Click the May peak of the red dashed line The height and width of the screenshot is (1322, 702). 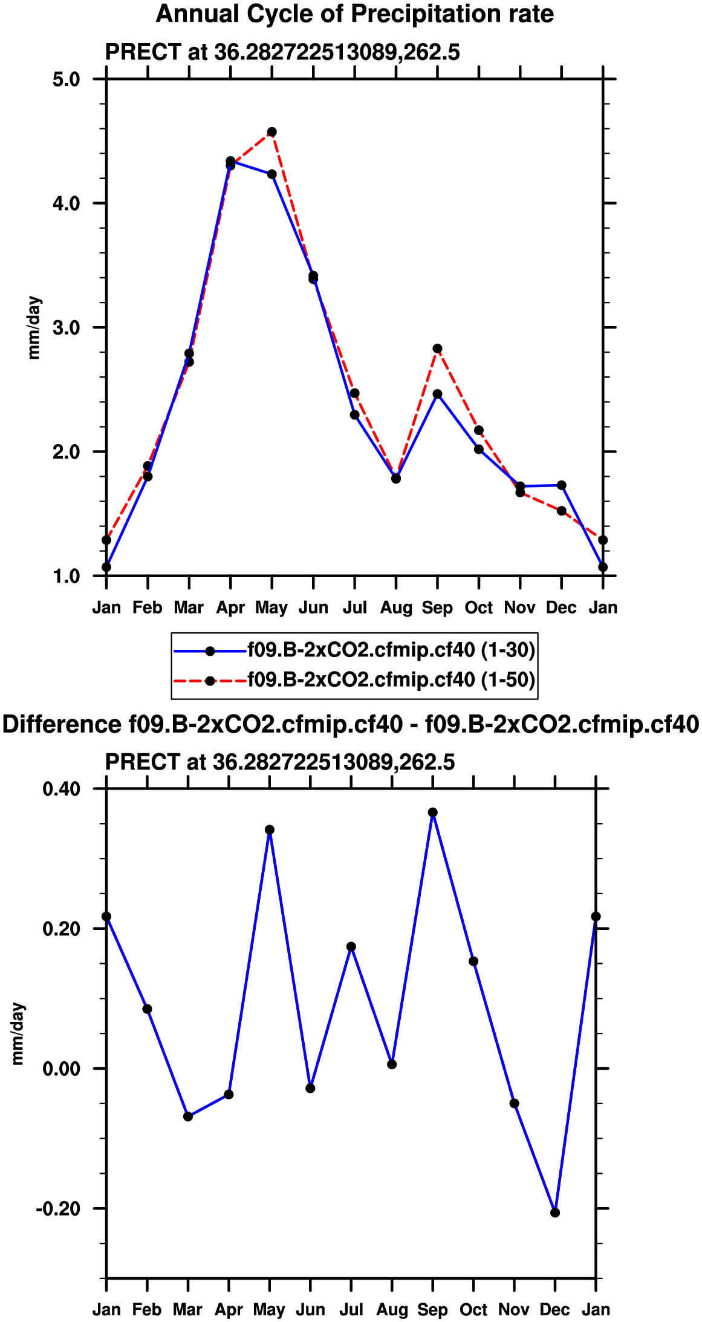tap(272, 132)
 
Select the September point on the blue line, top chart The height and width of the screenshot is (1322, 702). tap(437, 394)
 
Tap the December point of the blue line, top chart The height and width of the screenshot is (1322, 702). tap(561, 485)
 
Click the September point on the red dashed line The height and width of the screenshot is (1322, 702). tap(437, 348)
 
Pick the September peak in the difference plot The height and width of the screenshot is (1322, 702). tap(433, 813)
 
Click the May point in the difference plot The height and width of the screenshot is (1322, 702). tap(270, 830)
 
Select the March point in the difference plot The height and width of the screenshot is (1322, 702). tap(188, 1116)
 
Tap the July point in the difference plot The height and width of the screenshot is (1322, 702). tap(351, 946)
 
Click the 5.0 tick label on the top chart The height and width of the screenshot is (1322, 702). tap(67, 79)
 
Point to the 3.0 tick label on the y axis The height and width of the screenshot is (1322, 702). tap(67, 328)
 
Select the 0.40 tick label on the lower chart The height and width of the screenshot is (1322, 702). tap(62, 789)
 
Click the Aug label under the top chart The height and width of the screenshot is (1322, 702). tap(396, 607)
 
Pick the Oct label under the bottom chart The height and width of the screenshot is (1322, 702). tap(473, 1310)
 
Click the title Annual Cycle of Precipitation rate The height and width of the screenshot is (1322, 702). tap(355, 14)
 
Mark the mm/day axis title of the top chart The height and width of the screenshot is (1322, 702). tap(34, 327)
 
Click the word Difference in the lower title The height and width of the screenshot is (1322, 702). tap(62, 724)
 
